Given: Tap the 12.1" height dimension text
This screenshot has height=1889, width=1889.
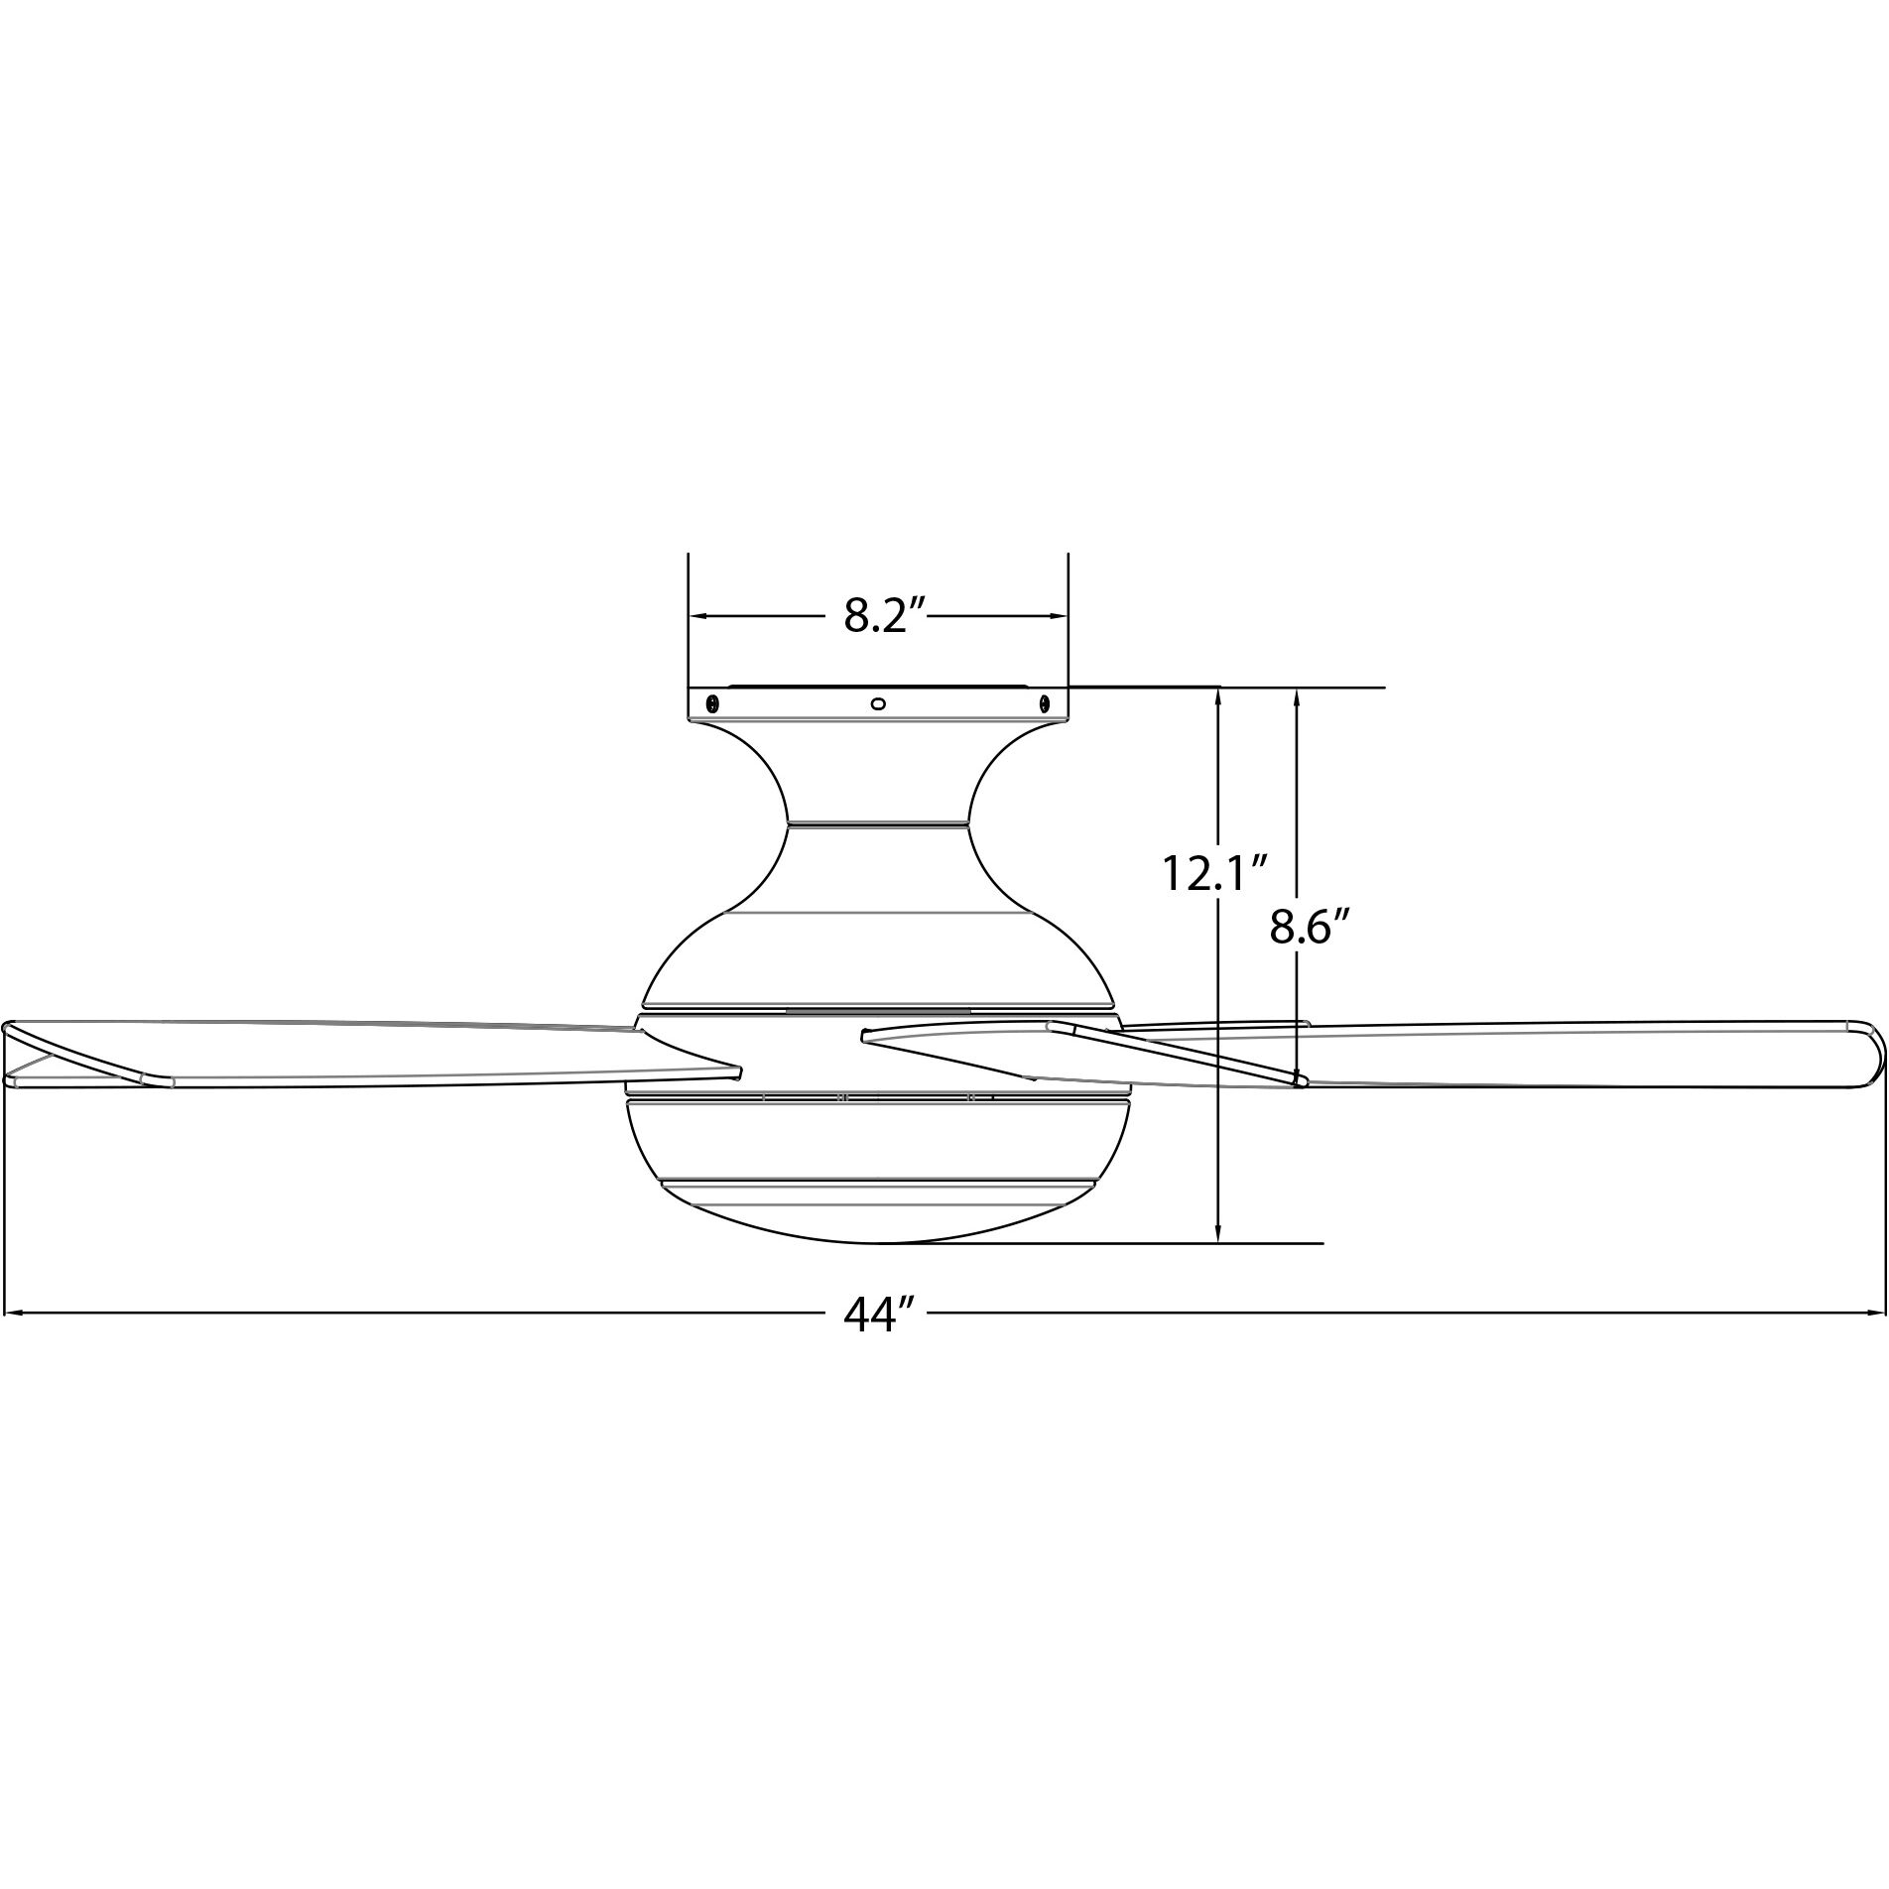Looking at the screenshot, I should (1216, 873).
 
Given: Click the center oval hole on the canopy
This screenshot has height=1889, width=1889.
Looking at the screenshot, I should (877, 703).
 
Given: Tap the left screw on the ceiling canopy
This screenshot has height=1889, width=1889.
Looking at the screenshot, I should (711, 703).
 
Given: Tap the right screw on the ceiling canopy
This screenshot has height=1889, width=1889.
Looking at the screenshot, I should (1044, 703).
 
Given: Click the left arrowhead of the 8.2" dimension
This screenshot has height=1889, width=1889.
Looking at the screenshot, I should (696, 616).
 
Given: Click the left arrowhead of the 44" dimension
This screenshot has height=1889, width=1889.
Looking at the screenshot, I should (12, 1314).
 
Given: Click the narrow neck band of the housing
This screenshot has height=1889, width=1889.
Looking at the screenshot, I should (877, 821).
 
